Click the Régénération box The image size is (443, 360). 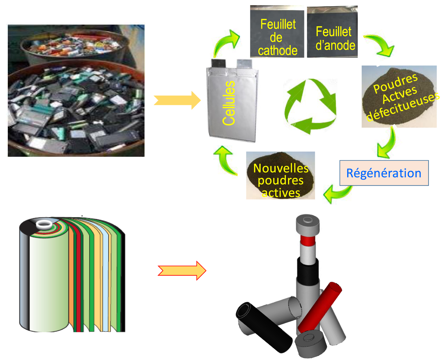(x=384, y=173)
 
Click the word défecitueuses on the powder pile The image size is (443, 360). (x=403, y=107)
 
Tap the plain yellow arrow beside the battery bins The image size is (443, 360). (x=177, y=100)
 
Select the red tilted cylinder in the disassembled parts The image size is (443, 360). (x=320, y=307)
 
